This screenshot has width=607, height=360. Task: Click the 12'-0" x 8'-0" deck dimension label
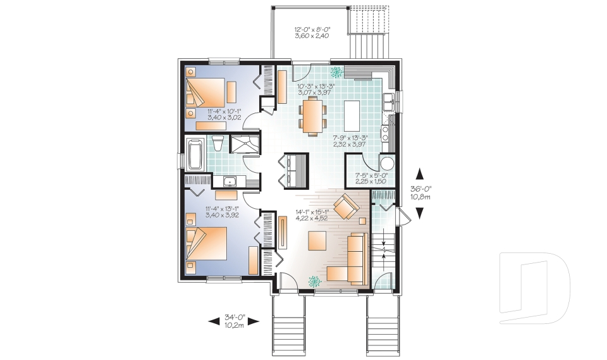coord(312,32)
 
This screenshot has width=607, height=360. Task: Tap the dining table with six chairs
coord(314,118)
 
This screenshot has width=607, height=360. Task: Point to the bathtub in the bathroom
coord(194,154)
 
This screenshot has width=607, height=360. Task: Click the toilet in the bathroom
coord(217,144)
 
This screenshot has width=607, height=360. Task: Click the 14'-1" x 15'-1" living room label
coord(311,216)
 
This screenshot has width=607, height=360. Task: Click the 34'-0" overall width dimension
coord(234,321)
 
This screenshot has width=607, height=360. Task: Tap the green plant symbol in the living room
coord(314,281)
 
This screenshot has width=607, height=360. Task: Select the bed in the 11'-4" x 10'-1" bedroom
coord(205,92)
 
